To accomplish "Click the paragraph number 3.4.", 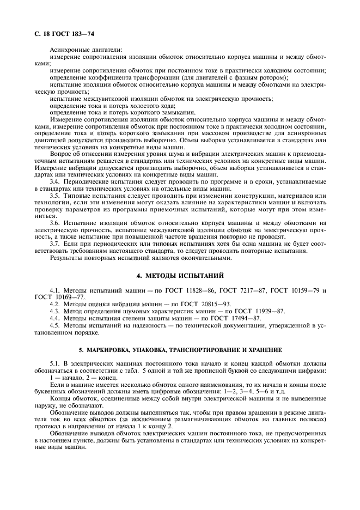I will (55, 180).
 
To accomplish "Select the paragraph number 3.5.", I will (55, 195).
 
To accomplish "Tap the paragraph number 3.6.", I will (55, 223).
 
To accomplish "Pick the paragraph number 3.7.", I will (55, 244).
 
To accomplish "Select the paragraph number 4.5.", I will (55, 325).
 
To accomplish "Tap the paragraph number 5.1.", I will (55, 363).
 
